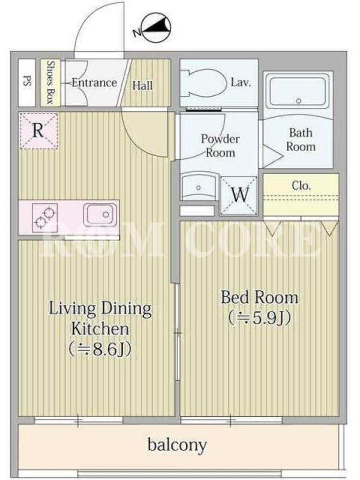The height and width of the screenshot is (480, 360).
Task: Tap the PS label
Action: [x=27, y=82]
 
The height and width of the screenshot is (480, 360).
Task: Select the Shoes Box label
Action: [x=50, y=82]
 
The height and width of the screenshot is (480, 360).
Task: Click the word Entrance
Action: [x=94, y=83]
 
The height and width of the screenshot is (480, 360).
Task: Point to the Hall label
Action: [x=142, y=85]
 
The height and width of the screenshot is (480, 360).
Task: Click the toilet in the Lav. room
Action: [x=202, y=82]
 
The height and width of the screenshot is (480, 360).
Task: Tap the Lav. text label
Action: [x=241, y=82]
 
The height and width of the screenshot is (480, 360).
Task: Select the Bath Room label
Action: [x=301, y=140]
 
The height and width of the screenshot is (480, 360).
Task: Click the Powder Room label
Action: [x=220, y=146]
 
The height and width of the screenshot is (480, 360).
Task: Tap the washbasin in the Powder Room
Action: [x=199, y=186]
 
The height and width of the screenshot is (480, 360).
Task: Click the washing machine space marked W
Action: [x=239, y=196]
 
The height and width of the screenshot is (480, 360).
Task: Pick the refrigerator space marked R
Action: [x=38, y=131]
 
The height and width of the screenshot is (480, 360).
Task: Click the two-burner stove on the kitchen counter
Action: [x=44, y=217]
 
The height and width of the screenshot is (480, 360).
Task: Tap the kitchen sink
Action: [x=100, y=214]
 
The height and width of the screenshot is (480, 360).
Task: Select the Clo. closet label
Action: [x=301, y=185]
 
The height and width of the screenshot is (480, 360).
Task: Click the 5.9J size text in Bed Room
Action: [x=259, y=318]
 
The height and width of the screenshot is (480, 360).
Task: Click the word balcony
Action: [x=177, y=445]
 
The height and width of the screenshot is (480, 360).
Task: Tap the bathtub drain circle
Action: [x=298, y=101]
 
